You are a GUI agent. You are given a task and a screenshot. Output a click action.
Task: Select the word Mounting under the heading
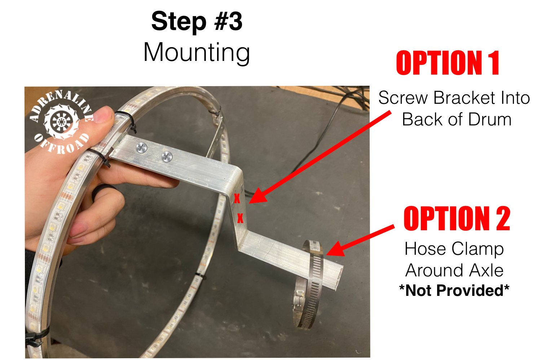point(197,53)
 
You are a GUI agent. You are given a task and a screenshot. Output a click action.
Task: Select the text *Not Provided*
point(454,290)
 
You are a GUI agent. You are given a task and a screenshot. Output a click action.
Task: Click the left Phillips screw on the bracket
point(141,147)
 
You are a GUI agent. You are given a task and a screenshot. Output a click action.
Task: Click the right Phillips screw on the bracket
point(167,156)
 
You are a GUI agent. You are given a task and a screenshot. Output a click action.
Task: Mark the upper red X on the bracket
point(237,198)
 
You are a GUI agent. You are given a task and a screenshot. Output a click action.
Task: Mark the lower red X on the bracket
point(240,218)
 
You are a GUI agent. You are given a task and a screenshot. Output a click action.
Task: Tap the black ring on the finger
point(103,190)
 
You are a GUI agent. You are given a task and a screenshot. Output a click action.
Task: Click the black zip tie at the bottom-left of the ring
point(36,337)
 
